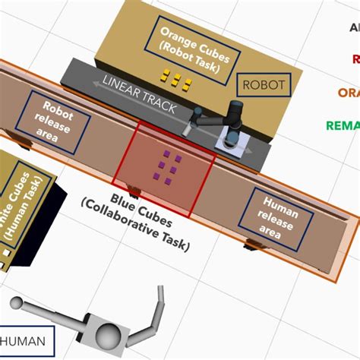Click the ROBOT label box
pyautogui.click(x=264, y=85)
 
